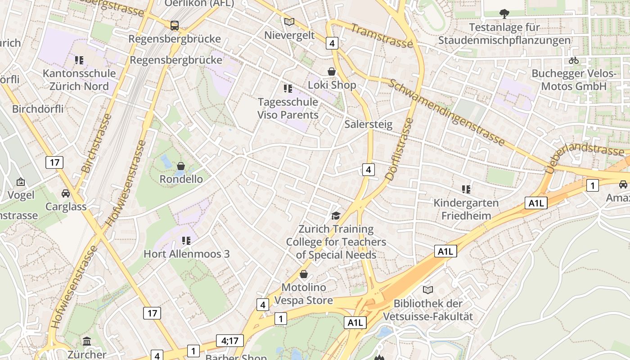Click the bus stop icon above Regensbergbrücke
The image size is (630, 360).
pyautogui.click(x=175, y=26)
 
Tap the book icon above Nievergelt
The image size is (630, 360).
pyautogui.click(x=289, y=22)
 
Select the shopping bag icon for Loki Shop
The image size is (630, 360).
pyautogui.click(x=332, y=72)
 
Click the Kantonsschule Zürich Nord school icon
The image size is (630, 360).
pyautogui.click(x=79, y=60)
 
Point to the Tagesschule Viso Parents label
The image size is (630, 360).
pyautogui.click(x=288, y=108)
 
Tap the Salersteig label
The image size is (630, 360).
pyautogui.click(x=368, y=124)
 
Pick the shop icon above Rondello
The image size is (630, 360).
pyautogui.click(x=181, y=166)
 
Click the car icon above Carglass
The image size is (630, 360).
pyautogui.click(x=66, y=193)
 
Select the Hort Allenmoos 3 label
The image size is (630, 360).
pyautogui.click(x=186, y=254)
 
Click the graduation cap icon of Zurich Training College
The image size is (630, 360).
pyautogui.click(x=336, y=216)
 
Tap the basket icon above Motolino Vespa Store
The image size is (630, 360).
pyautogui.click(x=304, y=274)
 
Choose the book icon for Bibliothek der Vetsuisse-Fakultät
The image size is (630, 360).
pyautogui.click(x=428, y=290)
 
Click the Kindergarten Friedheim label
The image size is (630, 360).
pyautogui.click(x=466, y=209)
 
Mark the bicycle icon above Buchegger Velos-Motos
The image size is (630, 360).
pyautogui.click(x=574, y=60)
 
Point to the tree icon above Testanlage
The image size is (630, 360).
pyautogui.click(x=504, y=14)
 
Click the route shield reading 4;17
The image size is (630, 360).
pyautogui.click(x=229, y=341)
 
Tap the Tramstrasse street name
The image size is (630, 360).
pyautogui.click(x=382, y=36)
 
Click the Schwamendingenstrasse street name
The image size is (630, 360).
pyautogui.click(x=446, y=112)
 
